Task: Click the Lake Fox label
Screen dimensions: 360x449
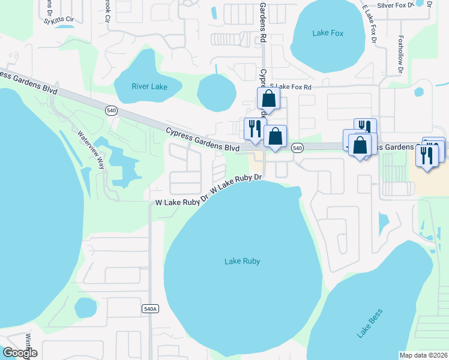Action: (328, 33)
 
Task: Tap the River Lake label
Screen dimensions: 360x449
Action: (149, 86)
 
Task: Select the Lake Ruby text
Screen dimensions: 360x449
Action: (242, 261)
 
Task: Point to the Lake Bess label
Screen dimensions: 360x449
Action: (369, 323)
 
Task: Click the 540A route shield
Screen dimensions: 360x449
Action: (150, 308)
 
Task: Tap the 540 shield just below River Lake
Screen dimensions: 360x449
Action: (111, 110)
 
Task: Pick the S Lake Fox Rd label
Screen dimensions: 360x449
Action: (291, 87)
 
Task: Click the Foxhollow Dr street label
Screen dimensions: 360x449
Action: (400, 57)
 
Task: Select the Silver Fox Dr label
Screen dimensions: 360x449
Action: (396, 5)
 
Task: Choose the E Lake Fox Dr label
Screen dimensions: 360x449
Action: (369, 23)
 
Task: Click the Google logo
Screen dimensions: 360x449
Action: (20, 353)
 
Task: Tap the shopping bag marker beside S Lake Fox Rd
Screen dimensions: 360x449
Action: (268, 99)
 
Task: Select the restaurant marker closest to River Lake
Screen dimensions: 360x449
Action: (254, 128)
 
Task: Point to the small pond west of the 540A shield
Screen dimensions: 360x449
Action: (86, 308)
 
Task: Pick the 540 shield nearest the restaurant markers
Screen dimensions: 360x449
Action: (297, 147)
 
